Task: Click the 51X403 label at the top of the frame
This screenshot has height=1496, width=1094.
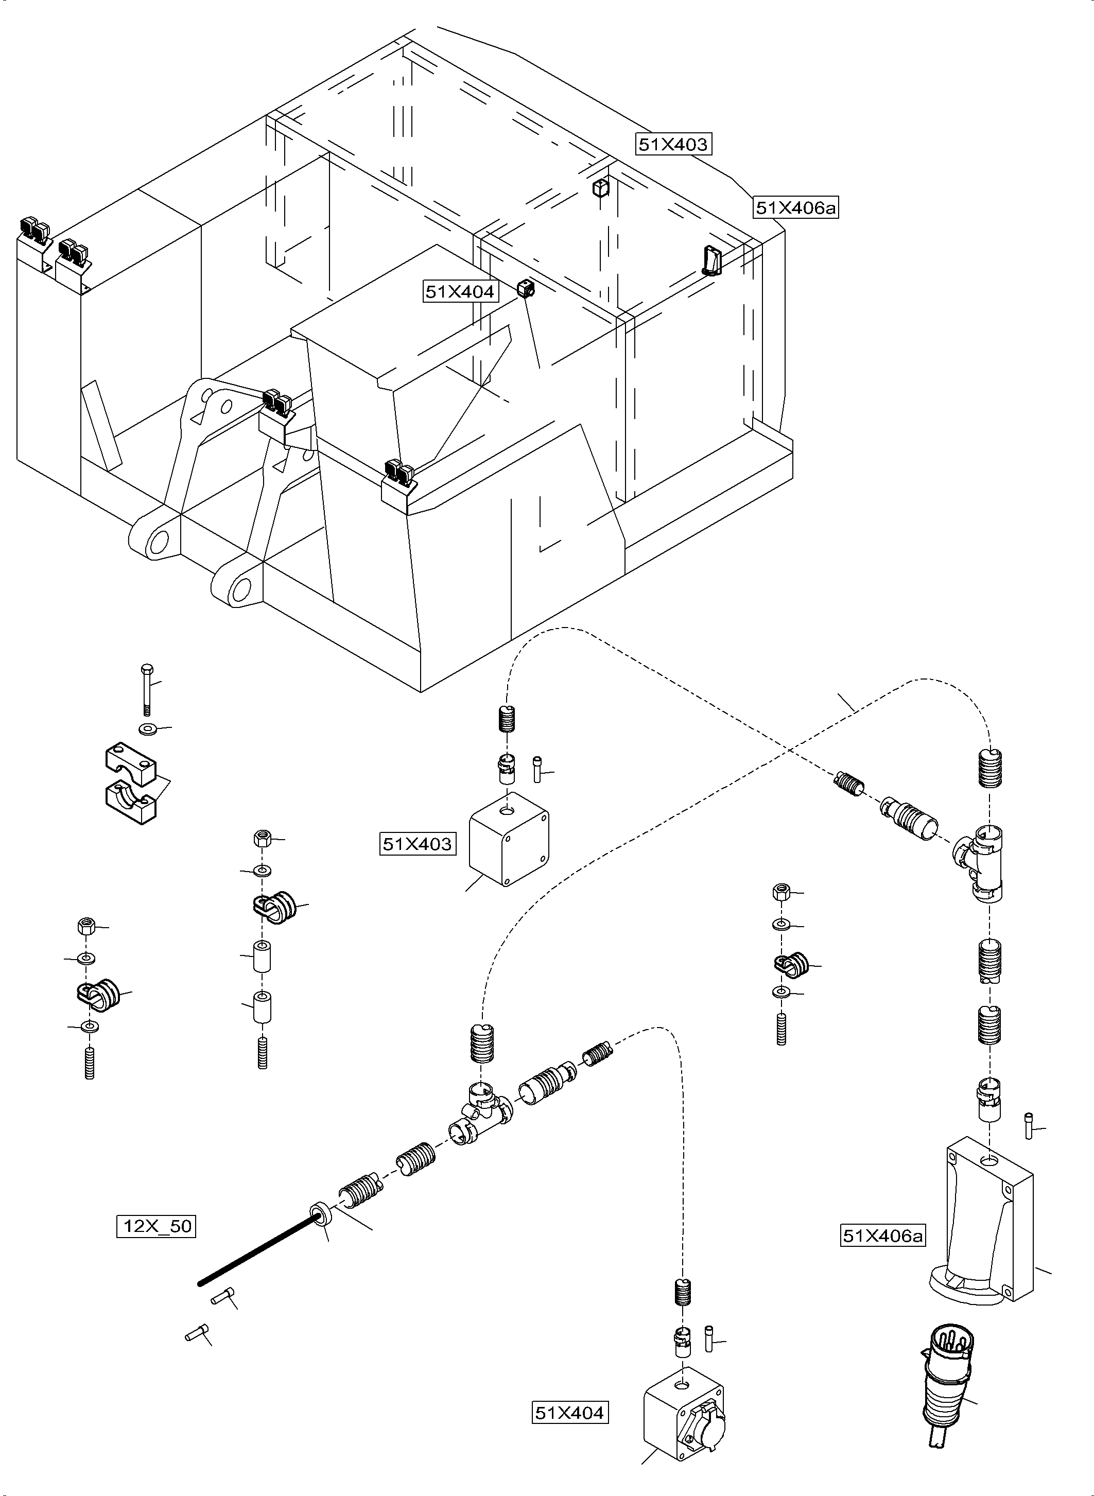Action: (673, 144)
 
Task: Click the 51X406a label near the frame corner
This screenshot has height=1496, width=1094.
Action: (796, 208)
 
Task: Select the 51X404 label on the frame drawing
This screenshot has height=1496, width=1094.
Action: (460, 291)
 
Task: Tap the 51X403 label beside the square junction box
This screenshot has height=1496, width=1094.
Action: (417, 844)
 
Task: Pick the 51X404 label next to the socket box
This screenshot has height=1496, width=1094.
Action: (569, 1413)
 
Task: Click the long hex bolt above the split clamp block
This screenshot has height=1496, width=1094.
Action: (147, 689)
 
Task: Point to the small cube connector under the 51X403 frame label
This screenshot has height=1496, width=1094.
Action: (600, 189)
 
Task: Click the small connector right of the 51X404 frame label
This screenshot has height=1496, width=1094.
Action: (525, 289)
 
